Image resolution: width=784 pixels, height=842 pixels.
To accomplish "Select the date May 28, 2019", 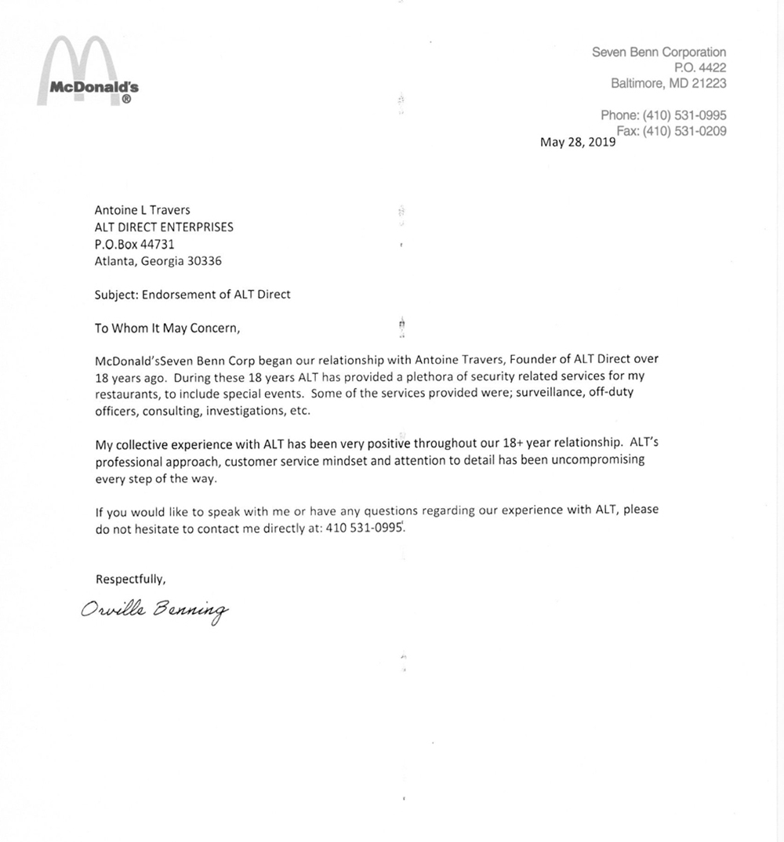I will [x=579, y=143].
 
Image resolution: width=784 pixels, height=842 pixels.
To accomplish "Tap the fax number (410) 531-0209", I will [x=684, y=131].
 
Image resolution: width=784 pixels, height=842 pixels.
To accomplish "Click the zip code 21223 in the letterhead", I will [x=708, y=83].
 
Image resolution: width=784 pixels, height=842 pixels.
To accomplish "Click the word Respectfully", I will [x=130, y=579].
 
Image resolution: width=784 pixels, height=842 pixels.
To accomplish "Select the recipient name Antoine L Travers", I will [x=141, y=210].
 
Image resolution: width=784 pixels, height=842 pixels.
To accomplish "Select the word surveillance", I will [x=542, y=394].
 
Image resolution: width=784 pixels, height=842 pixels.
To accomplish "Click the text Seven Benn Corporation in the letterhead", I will [x=659, y=53].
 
